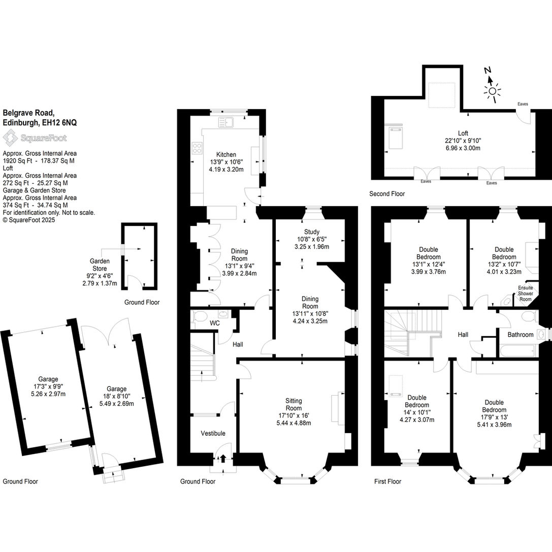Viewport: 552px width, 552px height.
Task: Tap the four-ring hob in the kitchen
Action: (197, 148)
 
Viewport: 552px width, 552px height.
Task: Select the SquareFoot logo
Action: (35, 138)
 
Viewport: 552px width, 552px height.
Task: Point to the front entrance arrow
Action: (223, 459)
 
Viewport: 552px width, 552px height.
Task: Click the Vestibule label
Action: (213, 433)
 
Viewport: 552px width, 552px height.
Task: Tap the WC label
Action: (214, 323)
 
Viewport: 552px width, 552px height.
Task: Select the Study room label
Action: (312, 232)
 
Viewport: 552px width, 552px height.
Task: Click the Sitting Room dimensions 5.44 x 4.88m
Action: (294, 423)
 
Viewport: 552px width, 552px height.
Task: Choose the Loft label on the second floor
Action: (463, 134)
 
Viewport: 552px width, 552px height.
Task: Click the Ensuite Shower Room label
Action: (525, 293)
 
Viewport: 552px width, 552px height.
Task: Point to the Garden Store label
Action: (100, 265)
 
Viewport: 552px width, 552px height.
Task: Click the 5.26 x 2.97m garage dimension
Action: (48, 394)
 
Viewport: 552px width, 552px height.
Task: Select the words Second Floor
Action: (387, 193)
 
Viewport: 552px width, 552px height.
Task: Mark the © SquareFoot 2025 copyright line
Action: (29, 220)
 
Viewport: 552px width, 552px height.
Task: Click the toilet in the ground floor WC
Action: (199, 316)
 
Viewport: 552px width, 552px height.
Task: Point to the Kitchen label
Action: (226, 154)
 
